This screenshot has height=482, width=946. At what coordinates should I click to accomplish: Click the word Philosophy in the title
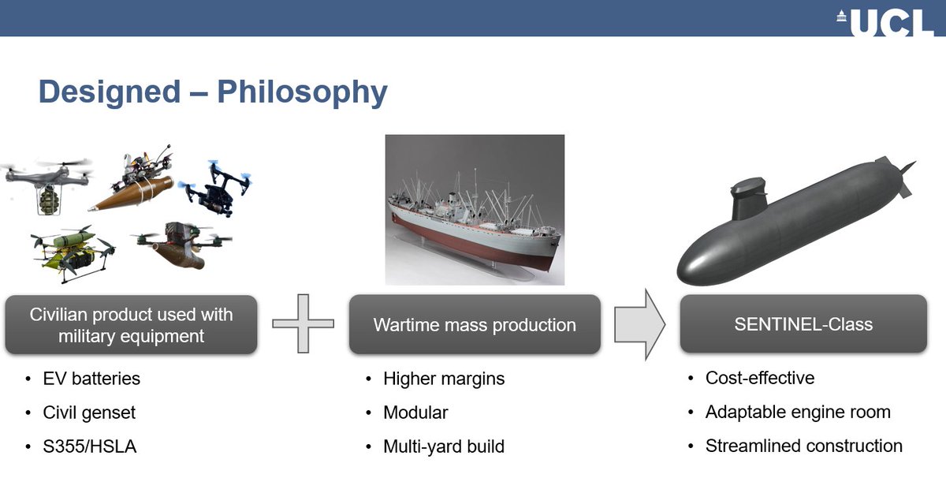(302, 92)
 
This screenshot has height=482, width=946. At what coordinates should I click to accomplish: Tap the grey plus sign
(304, 323)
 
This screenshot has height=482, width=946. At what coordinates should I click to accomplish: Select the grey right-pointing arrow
(639, 324)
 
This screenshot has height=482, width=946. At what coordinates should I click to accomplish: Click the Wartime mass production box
(475, 324)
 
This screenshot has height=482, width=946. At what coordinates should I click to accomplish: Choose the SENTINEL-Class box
(803, 324)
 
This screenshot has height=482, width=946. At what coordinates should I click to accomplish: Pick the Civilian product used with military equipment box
(131, 324)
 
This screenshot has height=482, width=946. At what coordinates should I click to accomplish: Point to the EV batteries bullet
(91, 379)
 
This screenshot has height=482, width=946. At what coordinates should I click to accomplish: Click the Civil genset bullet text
(90, 413)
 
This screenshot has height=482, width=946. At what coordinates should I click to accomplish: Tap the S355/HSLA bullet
(90, 447)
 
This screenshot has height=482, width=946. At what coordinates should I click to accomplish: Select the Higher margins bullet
(443, 379)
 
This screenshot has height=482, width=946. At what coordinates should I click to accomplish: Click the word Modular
(415, 413)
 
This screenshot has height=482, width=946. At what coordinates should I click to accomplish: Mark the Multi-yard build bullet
(443, 447)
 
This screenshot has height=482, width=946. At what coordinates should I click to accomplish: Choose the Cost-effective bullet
(760, 378)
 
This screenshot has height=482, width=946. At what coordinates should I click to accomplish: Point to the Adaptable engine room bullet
(798, 412)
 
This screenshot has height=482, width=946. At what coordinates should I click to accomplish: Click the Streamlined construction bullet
(804, 446)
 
